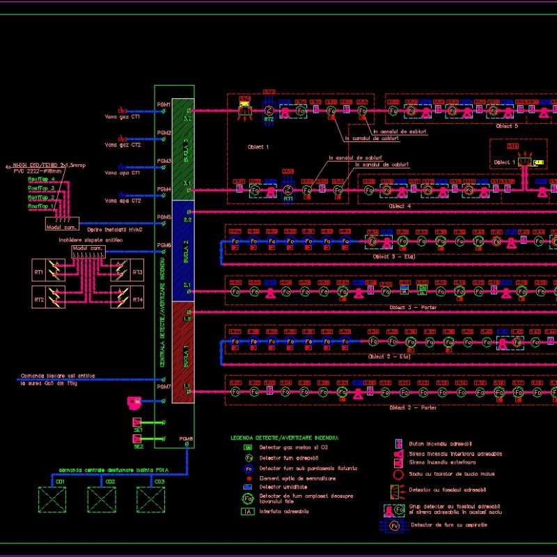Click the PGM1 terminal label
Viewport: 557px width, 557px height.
click(164, 104)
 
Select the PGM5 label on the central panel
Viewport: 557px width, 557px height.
click(164, 217)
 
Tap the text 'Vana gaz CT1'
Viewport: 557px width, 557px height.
click(123, 117)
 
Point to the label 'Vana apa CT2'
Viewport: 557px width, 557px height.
click(123, 201)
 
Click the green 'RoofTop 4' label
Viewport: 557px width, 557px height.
click(41, 180)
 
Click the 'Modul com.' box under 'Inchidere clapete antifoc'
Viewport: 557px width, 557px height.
click(87, 249)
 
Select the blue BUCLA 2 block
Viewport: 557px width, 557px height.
click(182, 251)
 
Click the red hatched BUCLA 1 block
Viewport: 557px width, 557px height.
click(182, 352)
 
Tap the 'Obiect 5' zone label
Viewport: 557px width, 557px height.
click(506, 126)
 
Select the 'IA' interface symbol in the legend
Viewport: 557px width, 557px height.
click(247, 512)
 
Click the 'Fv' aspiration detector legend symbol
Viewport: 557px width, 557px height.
click(395, 525)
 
